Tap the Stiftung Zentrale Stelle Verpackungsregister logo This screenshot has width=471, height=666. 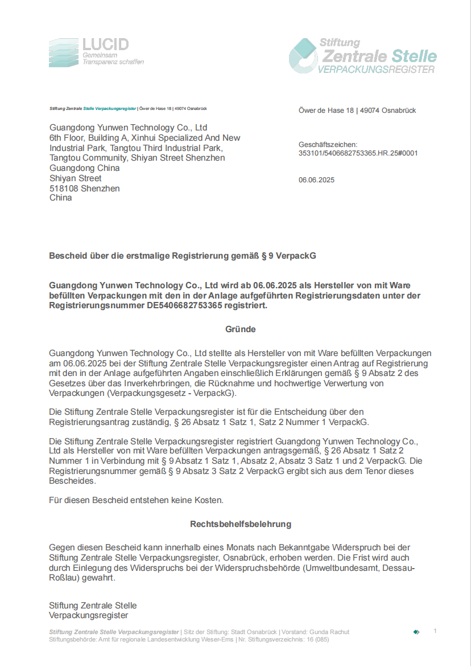(363, 56)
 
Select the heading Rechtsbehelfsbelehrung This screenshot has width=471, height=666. (241, 524)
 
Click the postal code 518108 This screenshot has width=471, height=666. (64, 189)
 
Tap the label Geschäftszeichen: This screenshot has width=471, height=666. (328, 145)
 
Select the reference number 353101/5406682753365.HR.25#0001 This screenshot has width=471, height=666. (358, 153)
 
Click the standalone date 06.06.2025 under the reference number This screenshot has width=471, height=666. (316, 180)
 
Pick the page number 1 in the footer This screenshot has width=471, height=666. (435, 631)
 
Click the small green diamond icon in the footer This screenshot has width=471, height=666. (416, 632)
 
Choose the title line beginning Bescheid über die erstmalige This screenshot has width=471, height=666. (182, 256)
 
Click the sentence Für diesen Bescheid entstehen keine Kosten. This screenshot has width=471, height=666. (137, 500)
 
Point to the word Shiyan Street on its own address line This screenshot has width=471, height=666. (75, 178)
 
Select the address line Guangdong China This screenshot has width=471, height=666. (84, 168)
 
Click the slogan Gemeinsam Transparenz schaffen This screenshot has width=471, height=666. (113, 59)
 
